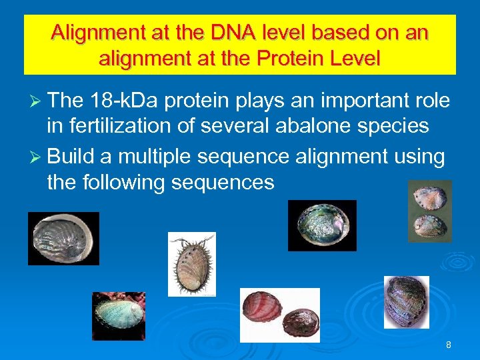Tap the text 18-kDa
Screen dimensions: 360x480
[x=122, y=101]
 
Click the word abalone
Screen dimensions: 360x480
[x=315, y=127]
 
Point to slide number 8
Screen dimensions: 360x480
[x=448, y=345]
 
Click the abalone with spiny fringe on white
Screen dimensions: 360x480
[x=191, y=264]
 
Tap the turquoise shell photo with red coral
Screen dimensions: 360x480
[x=118, y=316]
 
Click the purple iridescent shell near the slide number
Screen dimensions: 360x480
[x=406, y=301]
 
